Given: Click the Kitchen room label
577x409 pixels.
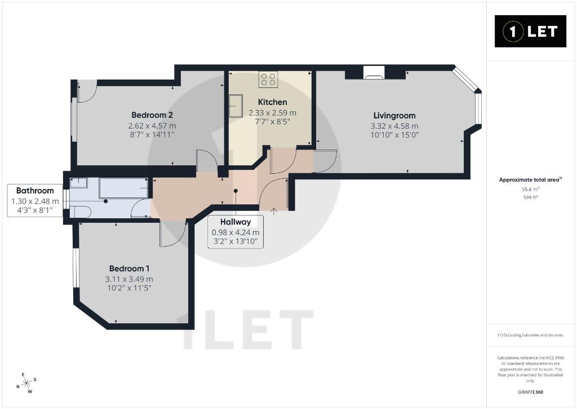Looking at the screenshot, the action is (272, 102).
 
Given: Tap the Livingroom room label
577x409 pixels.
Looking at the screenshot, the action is (394, 116).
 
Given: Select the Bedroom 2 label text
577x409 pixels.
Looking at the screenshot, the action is (152, 115).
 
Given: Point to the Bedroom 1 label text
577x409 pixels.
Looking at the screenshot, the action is (129, 269).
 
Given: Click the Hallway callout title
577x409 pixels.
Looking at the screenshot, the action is (236, 222).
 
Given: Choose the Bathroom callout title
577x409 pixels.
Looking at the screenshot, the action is (35, 191).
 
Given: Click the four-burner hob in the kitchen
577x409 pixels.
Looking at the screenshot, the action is (268, 79).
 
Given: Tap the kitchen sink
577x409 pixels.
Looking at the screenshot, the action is (236, 105).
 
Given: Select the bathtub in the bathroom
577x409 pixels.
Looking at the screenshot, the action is (123, 188).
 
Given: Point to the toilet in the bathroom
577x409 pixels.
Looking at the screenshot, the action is (80, 212).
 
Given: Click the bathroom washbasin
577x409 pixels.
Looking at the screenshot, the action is (78, 183).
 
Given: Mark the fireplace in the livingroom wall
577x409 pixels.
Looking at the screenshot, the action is (374, 73).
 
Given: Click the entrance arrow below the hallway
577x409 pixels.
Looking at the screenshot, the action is (274, 212).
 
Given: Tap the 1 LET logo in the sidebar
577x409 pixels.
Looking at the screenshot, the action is (530, 32).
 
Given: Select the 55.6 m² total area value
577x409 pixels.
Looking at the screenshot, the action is (530, 190).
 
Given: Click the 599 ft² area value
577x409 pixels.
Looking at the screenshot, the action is (530, 197).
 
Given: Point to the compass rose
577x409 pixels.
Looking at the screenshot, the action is (26, 383).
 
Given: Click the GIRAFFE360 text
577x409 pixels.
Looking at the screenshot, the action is (530, 392).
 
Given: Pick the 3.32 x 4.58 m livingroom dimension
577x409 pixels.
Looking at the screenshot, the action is (394, 126).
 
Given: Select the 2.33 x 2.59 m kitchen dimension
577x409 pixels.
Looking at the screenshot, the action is (272, 113).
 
